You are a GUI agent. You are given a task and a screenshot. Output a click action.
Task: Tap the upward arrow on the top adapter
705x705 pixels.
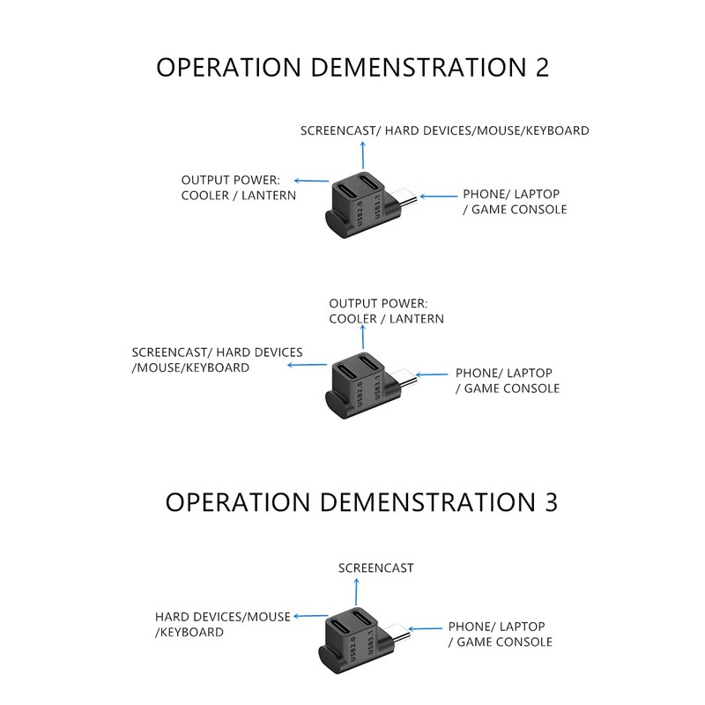click(361, 159)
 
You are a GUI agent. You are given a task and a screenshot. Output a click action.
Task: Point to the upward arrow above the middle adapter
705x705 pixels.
click(361, 337)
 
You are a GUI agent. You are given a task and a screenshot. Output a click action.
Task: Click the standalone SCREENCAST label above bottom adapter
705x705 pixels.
click(375, 568)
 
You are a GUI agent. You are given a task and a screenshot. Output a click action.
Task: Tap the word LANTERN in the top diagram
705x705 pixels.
click(269, 195)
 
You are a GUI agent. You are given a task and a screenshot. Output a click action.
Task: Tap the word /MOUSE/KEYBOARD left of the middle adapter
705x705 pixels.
click(190, 367)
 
